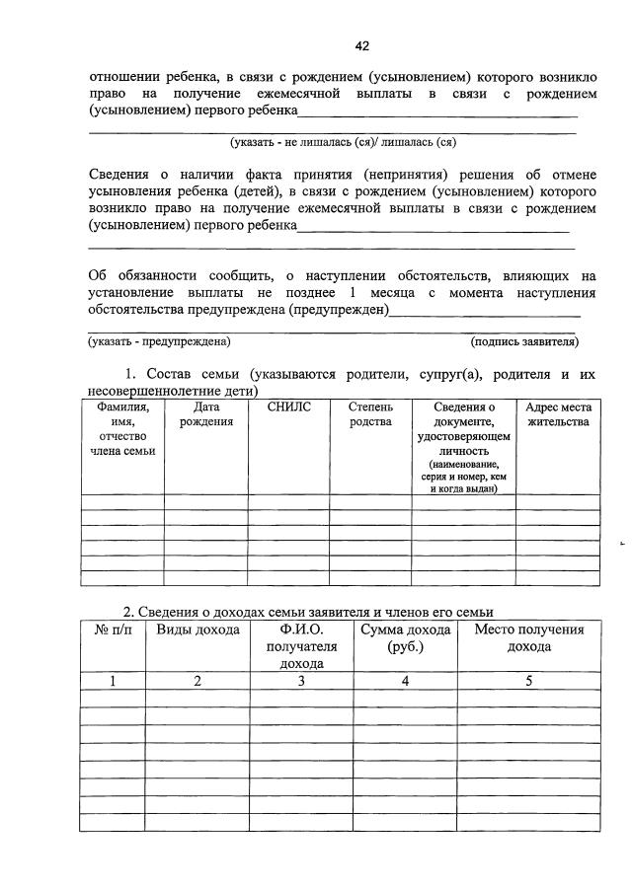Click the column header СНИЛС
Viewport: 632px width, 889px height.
click(288, 407)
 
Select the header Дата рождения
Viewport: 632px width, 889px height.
click(205, 414)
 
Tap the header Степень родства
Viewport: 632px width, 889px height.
click(371, 414)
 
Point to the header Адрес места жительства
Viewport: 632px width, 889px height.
click(558, 414)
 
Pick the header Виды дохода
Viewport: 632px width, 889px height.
click(197, 630)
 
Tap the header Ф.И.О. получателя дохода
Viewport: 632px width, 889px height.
click(301, 646)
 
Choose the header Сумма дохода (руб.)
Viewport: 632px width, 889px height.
click(405, 638)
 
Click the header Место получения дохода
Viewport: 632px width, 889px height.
click(529, 638)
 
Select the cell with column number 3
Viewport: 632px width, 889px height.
click(301, 681)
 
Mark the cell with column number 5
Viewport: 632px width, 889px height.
click(529, 681)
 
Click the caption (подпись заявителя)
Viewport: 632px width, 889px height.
click(524, 341)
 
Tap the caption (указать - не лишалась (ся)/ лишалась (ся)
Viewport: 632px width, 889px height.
click(342, 141)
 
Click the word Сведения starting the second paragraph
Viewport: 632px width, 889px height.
click(121, 174)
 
